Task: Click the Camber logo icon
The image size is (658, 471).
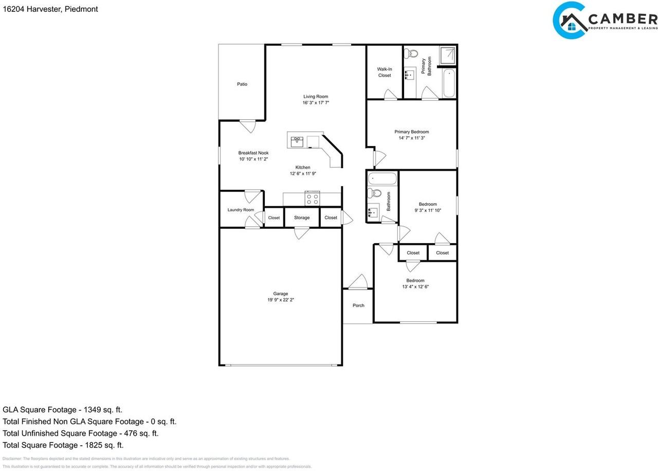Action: click(570, 21)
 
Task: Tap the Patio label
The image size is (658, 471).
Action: click(242, 84)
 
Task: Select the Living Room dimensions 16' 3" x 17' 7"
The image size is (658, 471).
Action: click(315, 103)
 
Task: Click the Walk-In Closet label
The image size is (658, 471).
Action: click(384, 72)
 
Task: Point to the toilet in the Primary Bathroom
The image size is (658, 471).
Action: click(411, 53)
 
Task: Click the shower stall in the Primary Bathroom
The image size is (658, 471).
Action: click(447, 56)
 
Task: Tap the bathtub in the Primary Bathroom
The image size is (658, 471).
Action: click(449, 82)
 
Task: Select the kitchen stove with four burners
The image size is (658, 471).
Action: click(312, 198)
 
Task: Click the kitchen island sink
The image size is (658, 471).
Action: click(297, 141)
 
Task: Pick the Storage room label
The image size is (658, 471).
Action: click(302, 218)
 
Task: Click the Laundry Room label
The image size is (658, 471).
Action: click(241, 210)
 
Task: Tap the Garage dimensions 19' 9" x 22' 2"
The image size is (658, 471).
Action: click(281, 300)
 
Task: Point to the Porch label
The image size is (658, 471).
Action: click(358, 305)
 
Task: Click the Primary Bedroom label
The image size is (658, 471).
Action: click(411, 132)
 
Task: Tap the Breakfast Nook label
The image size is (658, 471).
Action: click(253, 153)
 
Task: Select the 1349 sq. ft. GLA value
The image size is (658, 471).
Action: click(101, 410)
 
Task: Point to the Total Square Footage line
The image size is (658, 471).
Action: click(63, 445)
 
